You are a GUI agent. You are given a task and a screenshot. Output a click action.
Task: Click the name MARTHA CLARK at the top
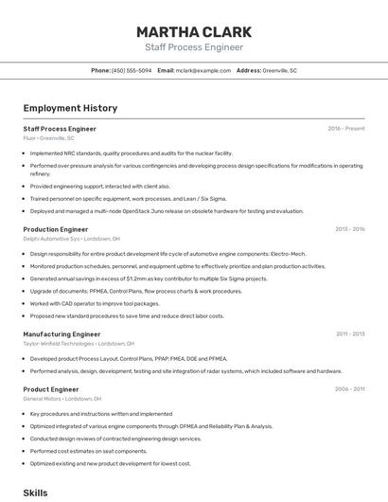point(194,31)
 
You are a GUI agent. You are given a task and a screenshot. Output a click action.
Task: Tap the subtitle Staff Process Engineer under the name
point(194,47)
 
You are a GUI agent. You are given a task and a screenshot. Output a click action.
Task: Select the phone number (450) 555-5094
point(132,71)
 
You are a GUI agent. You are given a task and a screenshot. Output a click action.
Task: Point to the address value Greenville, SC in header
point(280,71)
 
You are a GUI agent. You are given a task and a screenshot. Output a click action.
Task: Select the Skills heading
point(35,493)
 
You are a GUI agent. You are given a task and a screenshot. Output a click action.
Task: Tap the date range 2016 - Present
point(346,129)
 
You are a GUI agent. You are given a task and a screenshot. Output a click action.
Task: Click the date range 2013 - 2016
point(349,229)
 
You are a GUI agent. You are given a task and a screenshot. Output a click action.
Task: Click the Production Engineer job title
point(55,229)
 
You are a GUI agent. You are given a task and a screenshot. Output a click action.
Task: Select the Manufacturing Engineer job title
point(62,334)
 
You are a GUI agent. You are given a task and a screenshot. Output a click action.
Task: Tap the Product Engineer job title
point(51,389)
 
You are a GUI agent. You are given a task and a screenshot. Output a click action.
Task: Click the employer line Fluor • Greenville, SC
point(48,138)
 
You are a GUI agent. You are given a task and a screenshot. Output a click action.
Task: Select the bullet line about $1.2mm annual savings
point(149,279)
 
